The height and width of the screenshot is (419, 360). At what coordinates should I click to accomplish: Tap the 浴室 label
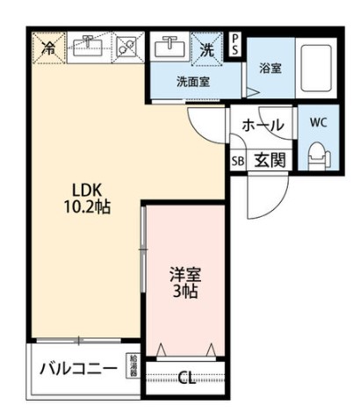click(x=270, y=68)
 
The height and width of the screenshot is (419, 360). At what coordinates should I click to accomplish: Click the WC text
click(x=316, y=123)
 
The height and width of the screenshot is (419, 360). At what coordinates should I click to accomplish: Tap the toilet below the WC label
click(x=316, y=156)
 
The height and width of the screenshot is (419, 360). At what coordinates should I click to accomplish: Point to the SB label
click(x=237, y=162)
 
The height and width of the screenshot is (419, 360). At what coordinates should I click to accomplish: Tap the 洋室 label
click(x=184, y=273)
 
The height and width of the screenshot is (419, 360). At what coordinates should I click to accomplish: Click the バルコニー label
click(x=78, y=368)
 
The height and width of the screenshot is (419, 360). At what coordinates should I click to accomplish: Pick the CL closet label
click(x=185, y=379)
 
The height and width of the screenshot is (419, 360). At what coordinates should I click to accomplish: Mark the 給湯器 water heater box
click(x=133, y=365)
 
